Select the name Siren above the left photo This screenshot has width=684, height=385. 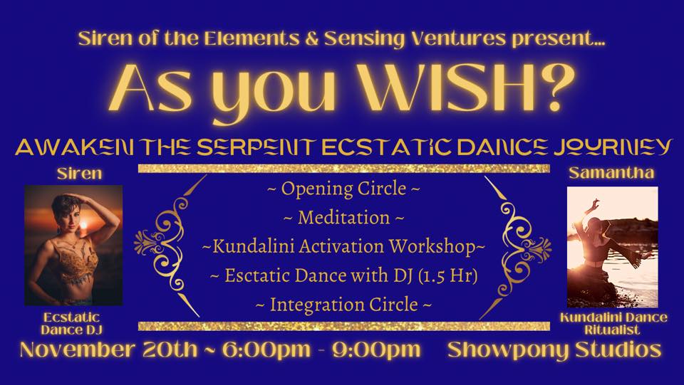coord(79,174)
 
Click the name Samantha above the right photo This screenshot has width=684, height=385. coord(611,173)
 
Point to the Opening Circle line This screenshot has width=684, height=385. coord(343,189)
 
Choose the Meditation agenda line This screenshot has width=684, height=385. coord(343,217)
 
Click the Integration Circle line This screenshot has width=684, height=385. coord(343,305)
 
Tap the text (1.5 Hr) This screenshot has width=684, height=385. coord(447,275)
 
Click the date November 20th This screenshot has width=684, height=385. coord(108,349)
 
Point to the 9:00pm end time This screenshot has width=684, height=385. coord(376,350)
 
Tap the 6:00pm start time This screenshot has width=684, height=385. coord(266,350)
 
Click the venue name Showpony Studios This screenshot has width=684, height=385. coord(554,350)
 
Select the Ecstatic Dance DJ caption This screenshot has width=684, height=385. coord(71,323)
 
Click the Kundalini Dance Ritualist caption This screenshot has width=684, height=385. coord(613,324)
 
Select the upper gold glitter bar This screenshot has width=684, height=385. coord(343,169)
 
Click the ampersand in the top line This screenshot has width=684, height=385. coord(312,39)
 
